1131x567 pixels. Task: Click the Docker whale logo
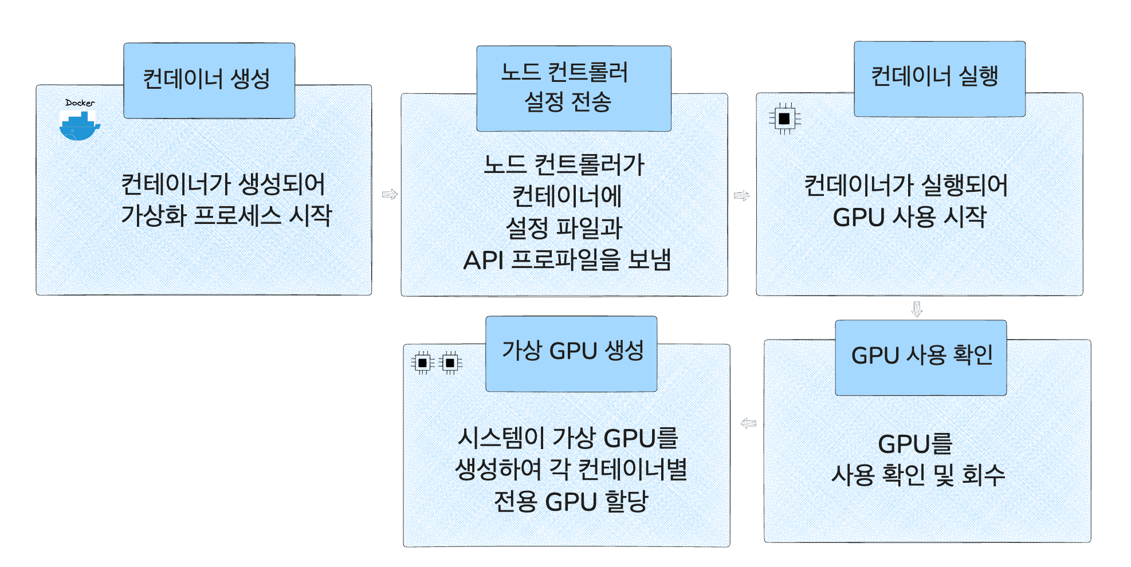coord(78,125)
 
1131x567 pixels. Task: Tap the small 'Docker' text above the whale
coord(80,103)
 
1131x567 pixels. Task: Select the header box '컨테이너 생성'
coord(209,80)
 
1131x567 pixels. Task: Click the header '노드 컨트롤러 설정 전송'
coord(574,88)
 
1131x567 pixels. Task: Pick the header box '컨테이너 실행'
coord(939,78)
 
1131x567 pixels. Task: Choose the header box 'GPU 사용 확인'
coord(920,357)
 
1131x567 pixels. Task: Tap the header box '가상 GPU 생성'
coord(571,353)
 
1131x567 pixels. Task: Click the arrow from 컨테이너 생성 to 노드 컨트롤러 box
coord(390,195)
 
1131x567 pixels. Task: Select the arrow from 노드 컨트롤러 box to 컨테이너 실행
coord(741,196)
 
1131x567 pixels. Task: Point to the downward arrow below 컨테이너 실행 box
coord(917,309)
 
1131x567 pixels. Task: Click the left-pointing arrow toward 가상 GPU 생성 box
coord(748,424)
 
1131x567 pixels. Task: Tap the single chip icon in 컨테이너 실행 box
coord(784,119)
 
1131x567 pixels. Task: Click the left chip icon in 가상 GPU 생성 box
coord(422,363)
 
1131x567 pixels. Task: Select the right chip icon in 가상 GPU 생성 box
coord(450,363)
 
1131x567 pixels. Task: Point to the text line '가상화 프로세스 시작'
coord(226,216)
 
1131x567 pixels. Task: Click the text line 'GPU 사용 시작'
coord(909,218)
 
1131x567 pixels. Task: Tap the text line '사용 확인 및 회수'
coord(918,475)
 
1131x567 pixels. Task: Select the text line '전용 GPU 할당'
coord(571,502)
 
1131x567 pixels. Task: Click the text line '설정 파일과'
coord(564,229)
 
